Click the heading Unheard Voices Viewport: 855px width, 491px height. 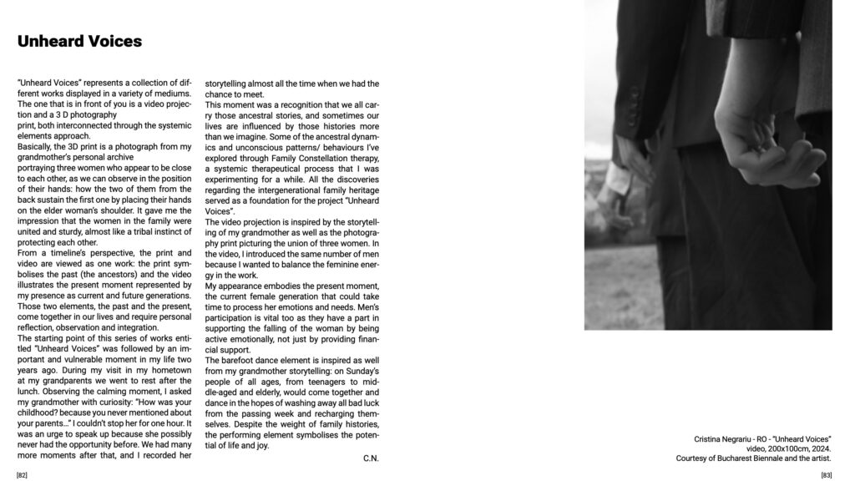(x=79, y=41)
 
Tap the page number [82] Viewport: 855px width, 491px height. (x=22, y=475)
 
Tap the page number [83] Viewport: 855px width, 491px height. (x=826, y=475)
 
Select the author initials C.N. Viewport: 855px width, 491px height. (x=371, y=458)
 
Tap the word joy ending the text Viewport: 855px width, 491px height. (x=262, y=446)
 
